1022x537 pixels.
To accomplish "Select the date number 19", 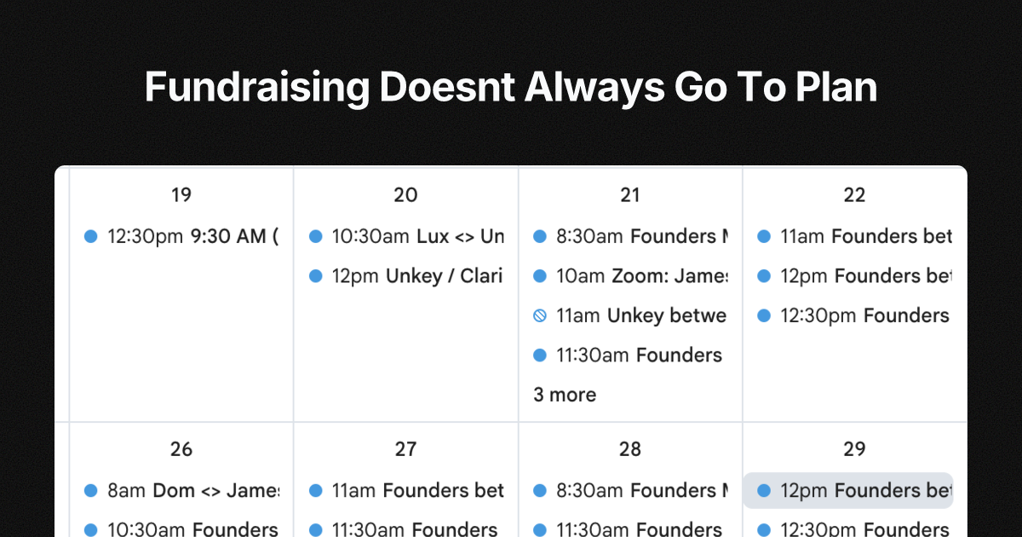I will click(x=181, y=195).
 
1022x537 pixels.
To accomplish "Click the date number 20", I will click(x=405, y=195).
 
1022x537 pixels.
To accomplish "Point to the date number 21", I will click(x=630, y=195).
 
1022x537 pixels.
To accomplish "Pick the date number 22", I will click(x=854, y=195).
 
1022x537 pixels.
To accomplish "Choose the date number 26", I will click(x=181, y=449).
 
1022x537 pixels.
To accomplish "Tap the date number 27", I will click(x=405, y=449).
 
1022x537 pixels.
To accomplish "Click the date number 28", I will click(x=630, y=449).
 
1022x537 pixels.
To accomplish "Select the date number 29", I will click(x=854, y=449).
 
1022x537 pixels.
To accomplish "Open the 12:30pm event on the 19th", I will click(x=192, y=236).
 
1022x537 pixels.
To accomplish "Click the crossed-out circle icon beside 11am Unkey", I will click(x=539, y=316).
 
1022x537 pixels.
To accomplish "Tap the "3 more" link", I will click(x=565, y=395).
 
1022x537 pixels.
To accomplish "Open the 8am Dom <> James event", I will click(x=192, y=490).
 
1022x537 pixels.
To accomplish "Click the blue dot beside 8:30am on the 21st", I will click(x=539, y=236).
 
